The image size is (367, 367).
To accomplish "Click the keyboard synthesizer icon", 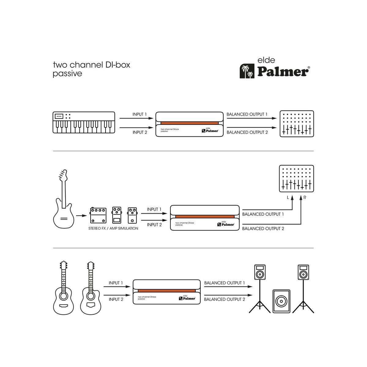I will (x=84, y=122).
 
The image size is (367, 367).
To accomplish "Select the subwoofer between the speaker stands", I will (x=281, y=301).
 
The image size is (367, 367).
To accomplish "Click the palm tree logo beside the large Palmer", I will (x=247, y=71).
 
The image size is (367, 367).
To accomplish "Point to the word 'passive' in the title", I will (x=67, y=74).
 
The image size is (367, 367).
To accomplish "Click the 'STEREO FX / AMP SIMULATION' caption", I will (x=113, y=228).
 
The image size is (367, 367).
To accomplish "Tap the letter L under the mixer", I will (x=288, y=198).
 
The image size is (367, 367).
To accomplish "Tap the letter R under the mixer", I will (x=305, y=198).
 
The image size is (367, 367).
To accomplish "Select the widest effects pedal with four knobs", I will (x=98, y=215).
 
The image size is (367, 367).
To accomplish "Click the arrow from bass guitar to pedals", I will (x=81, y=216).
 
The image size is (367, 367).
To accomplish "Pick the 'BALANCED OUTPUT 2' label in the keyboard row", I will (x=247, y=132).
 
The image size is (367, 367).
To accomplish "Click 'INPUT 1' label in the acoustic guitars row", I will (x=116, y=283).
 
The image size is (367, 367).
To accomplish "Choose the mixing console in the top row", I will (x=297, y=124).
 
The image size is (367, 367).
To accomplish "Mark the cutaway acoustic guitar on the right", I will (x=90, y=289).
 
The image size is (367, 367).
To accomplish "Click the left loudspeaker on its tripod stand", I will (x=260, y=289).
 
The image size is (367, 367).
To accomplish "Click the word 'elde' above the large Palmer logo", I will (x=266, y=60).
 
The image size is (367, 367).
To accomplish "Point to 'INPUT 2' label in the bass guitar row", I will (x=154, y=225).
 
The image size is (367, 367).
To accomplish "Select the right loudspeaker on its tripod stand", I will (x=303, y=289).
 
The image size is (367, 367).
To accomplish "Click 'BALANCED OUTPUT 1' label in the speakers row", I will (x=224, y=283).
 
